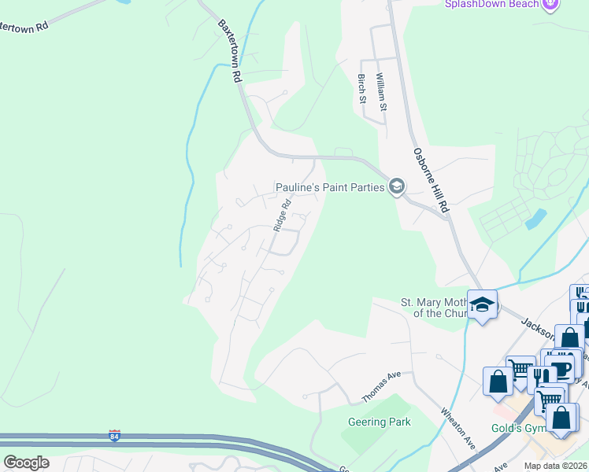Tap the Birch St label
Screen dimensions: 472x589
click(362, 87)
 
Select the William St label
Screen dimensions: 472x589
click(381, 90)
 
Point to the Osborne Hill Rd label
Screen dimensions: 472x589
click(431, 180)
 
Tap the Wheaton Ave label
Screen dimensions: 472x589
click(458, 427)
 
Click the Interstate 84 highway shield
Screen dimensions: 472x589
click(114, 436)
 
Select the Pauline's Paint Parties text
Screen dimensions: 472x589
click(329, 187)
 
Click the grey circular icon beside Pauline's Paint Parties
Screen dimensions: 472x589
click(396, 187)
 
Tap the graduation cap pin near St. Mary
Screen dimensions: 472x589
click(482, 305)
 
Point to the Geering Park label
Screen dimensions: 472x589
click(380, 422)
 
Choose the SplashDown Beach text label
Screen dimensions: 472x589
click(491, 5)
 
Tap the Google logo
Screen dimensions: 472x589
click(26, 462)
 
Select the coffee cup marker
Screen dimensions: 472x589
click(560, 370)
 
